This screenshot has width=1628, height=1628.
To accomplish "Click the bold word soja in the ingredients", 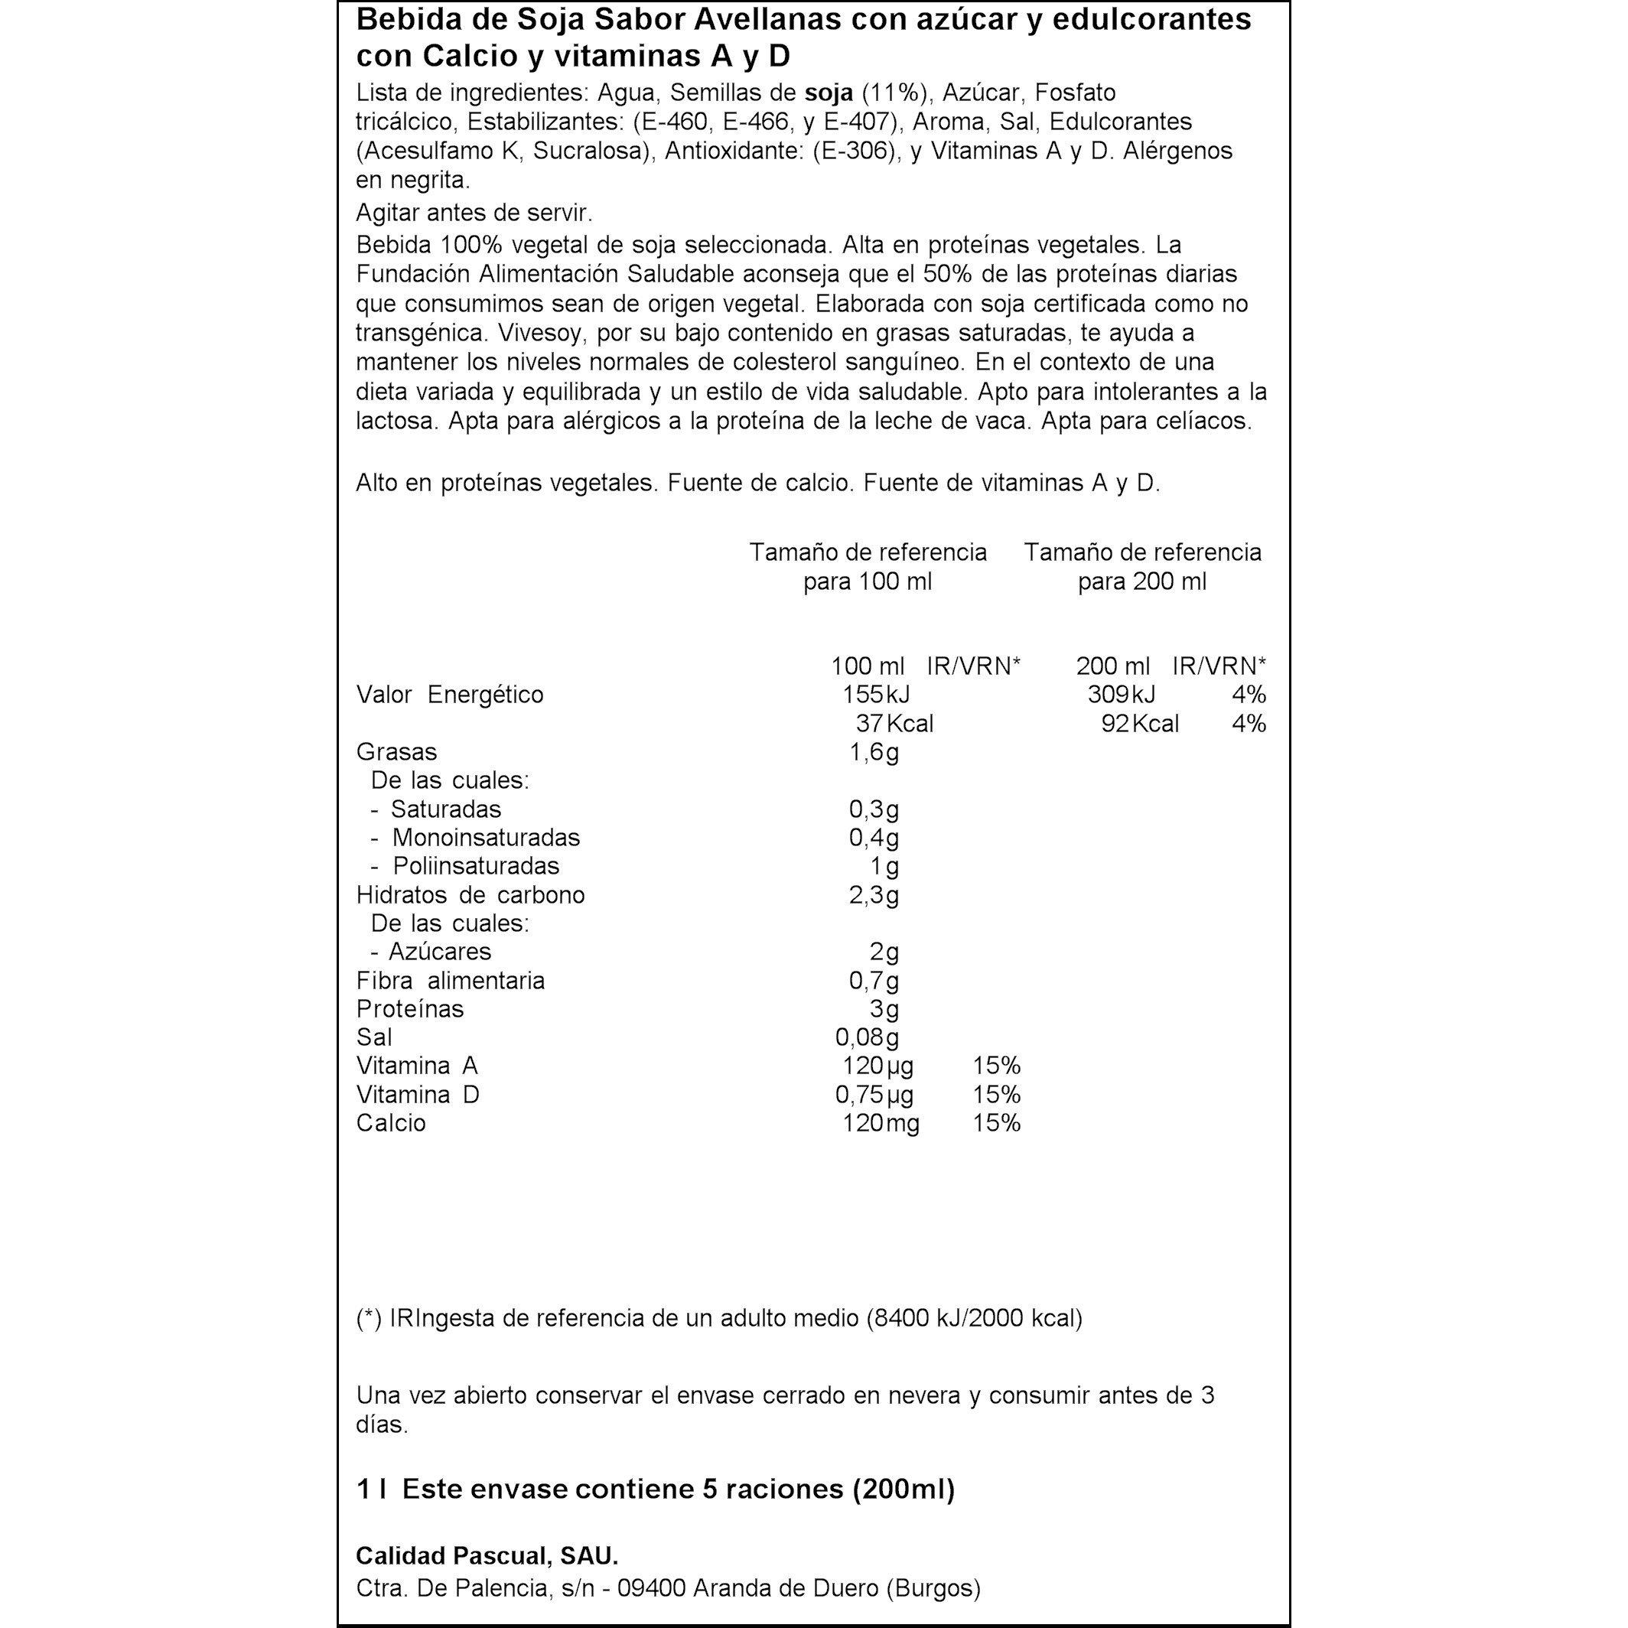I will [x=829, y=92].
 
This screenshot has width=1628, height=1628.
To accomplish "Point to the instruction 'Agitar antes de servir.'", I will [x=474, y=213].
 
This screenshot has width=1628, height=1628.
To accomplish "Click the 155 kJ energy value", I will [x=874, y=695].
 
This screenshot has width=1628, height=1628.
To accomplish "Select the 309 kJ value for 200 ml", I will [x=1121, y=695].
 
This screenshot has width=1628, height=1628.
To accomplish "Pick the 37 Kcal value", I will [x=894, y=723].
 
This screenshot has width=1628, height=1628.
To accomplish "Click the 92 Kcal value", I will [x=1139, y=723].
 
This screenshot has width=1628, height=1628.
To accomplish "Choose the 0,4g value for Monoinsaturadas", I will [x=873, y=838].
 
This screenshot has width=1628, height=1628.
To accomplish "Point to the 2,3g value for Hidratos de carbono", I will [x=873, y=894].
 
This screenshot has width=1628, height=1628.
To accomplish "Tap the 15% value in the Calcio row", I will [x=996, y=1123].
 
